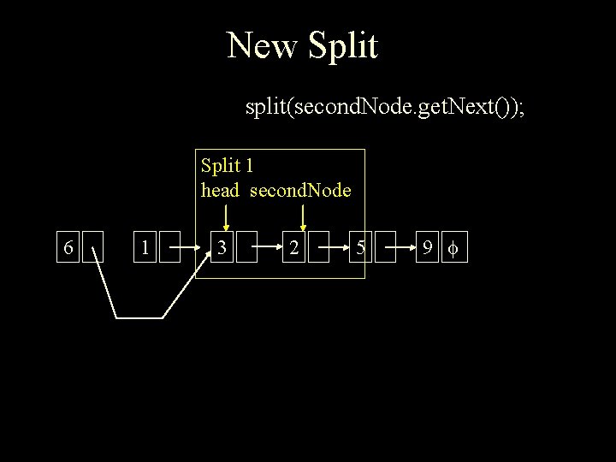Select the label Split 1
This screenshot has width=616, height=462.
[x=227, y=165]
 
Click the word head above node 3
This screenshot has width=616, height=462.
[x=220, y=190]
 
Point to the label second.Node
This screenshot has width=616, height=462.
[x=300, y=190]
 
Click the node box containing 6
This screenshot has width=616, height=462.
[x=68, y=248]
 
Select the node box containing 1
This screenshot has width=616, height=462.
[x=147, y=248]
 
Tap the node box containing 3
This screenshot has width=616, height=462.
[x=222, y=248]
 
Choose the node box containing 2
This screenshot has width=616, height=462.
[x=294, y=248]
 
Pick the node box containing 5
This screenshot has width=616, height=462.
[x=362, y=248]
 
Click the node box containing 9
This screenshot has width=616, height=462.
[x=425, y=248]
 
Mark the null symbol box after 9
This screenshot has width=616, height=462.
[x=454, y=248]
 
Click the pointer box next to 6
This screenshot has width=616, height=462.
[x=94, y=248]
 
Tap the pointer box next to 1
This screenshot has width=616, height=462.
[x=172, y=248]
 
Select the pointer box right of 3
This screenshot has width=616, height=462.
[x=246, y=248]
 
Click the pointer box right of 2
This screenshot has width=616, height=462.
[x=319, y=248]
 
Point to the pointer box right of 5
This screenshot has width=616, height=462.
[x=386, y=248]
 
